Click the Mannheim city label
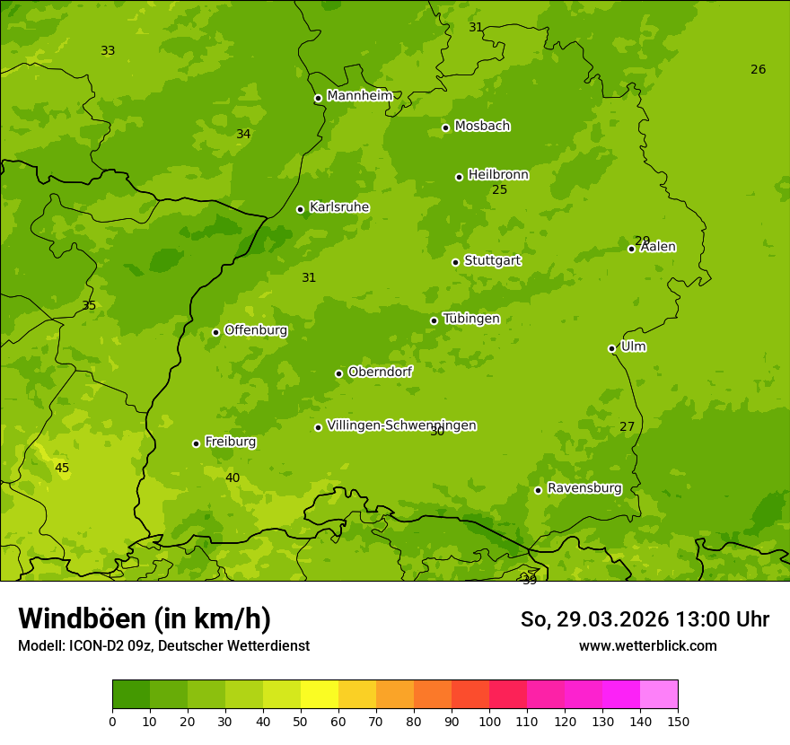[359, 96]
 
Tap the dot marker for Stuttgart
[455, 262]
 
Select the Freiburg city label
[230, 442]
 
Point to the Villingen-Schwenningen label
[401, 425]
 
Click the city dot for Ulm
[611, 348]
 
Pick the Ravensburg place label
[584, 488]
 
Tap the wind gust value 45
[62, 468]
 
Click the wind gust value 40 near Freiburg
[233, 478]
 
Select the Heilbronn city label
[498, 175]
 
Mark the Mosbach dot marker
[445, 127]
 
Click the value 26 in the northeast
[758, 69]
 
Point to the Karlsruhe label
[338, 207]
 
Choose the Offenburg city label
[256, 330]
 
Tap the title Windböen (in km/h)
[145, 618]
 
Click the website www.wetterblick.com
[647, 645]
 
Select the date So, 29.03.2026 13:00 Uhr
[645, 619]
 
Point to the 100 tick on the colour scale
[489, 721]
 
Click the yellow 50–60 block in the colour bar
[320, 695]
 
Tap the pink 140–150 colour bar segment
[659, 695]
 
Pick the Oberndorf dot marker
[338, 373]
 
